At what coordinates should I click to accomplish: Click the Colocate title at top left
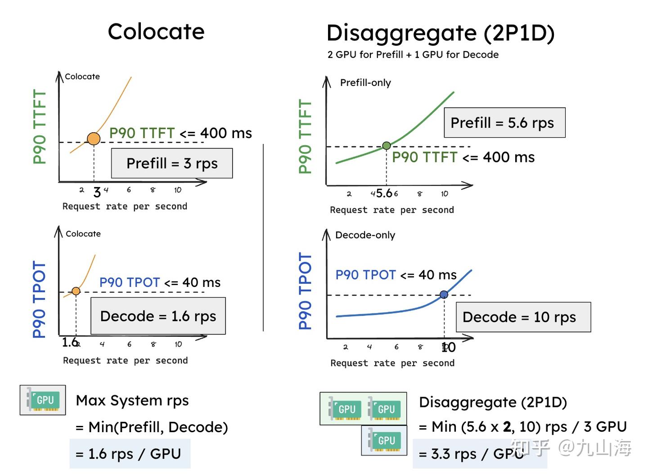(x=156, y=32)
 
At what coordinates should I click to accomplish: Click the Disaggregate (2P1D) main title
(x=440, y=33)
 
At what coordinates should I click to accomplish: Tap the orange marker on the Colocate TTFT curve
(x=94, y=139)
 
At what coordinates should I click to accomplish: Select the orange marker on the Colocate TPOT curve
(x=76, y=291)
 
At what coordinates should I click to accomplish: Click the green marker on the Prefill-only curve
(x=386, y=145)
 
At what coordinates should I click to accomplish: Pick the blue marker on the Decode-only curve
(x=444, y=295)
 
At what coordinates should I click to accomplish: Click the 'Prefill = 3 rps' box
(x=172, y=163)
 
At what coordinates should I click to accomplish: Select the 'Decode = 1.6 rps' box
(x=158, y=316)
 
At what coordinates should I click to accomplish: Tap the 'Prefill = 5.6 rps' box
(x=504, y=123)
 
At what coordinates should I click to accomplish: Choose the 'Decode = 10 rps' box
(x=523, y=317)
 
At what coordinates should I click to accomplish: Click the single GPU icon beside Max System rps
(x=43, y=400)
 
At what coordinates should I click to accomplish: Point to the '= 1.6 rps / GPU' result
(x=130, y=454)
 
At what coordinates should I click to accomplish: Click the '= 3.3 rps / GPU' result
(x=472, y=454)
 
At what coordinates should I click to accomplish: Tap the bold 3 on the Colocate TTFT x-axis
(x=97, y=192)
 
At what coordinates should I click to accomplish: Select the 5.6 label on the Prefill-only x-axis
(x=384, y=193)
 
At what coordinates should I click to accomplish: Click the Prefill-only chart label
(x=365, y=83)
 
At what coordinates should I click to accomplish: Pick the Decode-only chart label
(x=365, y=235)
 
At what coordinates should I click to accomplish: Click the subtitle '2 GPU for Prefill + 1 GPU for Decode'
(x=413, y=55)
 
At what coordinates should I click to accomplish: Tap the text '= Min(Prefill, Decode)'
(x=152, y=427)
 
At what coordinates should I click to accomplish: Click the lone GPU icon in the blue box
(x=384, y=440)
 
